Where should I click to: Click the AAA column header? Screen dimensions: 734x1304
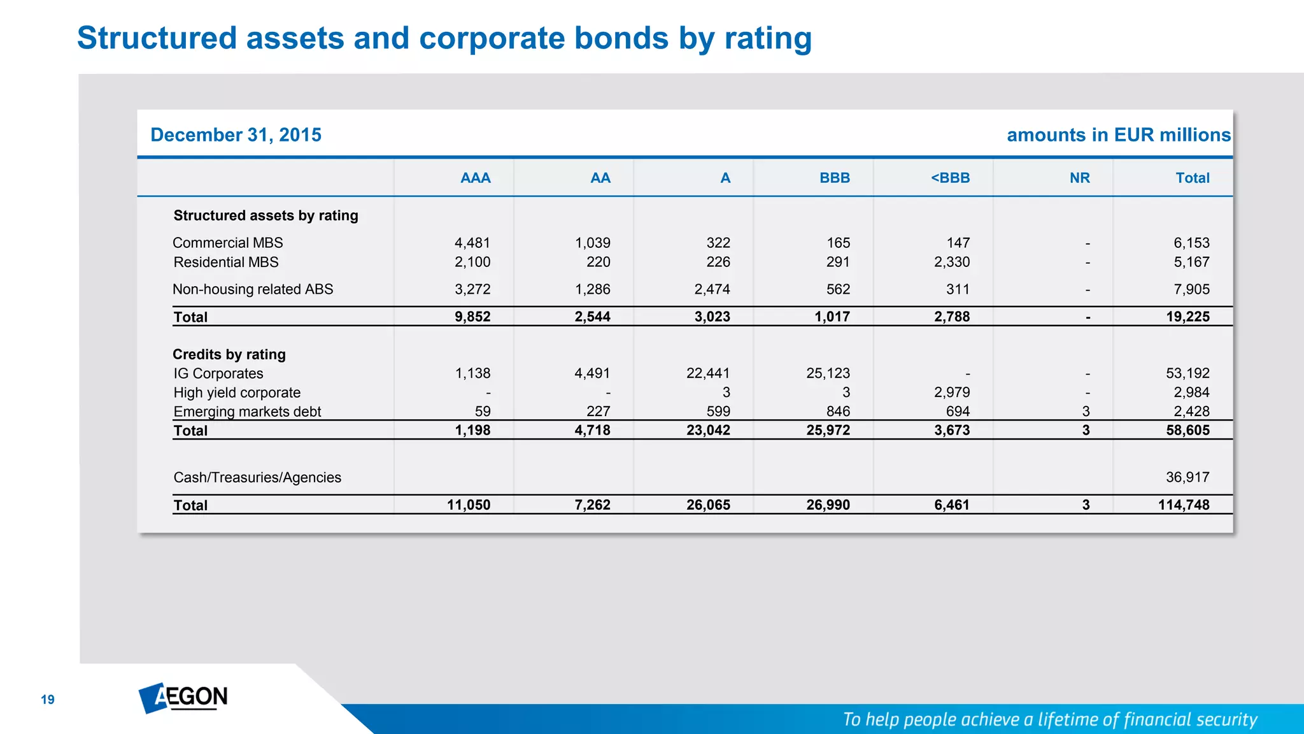tap(475, 178)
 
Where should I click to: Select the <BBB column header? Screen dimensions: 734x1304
tap(950, 178)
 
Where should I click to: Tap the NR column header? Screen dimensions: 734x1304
tap(1079, 178)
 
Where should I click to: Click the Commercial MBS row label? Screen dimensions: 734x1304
tap(227, 243)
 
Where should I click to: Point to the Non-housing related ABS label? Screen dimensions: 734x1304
tap(253, 289)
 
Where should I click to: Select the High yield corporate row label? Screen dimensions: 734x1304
tap(237, 392)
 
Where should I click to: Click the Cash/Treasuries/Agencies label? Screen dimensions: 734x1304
tap(257, 477)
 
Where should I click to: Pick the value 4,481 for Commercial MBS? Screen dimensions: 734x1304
tap(472, 243)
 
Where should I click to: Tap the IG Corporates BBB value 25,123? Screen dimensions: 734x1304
tap(828, 373)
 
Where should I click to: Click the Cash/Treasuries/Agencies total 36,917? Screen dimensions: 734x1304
tap(1187, 477)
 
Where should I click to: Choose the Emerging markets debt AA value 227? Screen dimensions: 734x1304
tap(598, 412)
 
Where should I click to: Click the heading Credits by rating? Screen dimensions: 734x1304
tap(229, 354)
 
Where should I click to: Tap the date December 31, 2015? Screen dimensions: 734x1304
tap(236, 135)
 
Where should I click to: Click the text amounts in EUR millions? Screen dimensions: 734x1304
tap(1118, 135)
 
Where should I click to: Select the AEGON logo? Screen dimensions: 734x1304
tap(183, 698)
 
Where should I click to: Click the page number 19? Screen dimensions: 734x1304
tap(48, 700)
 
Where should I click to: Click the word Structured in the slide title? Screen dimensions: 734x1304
tap(156, 38)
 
